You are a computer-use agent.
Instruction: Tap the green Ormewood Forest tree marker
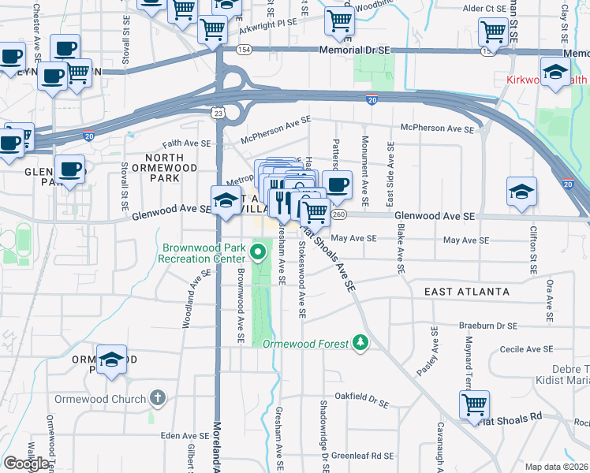pos(360,342)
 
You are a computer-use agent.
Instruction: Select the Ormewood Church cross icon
pos(158,397)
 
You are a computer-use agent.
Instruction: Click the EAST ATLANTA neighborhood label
pos(466,292)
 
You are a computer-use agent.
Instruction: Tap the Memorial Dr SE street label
pos(355,50)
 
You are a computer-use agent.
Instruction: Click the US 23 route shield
pos(217,114)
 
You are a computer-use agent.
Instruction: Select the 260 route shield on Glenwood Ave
pos(339,214)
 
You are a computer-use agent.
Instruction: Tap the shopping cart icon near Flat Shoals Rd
pos(474,404)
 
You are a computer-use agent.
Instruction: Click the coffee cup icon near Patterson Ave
pos(337,184)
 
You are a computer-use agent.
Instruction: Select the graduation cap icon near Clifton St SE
pos(521,192)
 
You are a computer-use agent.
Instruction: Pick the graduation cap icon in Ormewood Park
pos(112,358)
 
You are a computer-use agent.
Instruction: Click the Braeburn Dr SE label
pos(489,325)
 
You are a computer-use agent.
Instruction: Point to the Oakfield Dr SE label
pos(362,396)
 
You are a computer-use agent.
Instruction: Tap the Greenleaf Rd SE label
pos(362,455)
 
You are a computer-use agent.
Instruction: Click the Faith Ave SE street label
pos(185,143)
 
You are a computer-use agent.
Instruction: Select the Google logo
pos(25,464)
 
